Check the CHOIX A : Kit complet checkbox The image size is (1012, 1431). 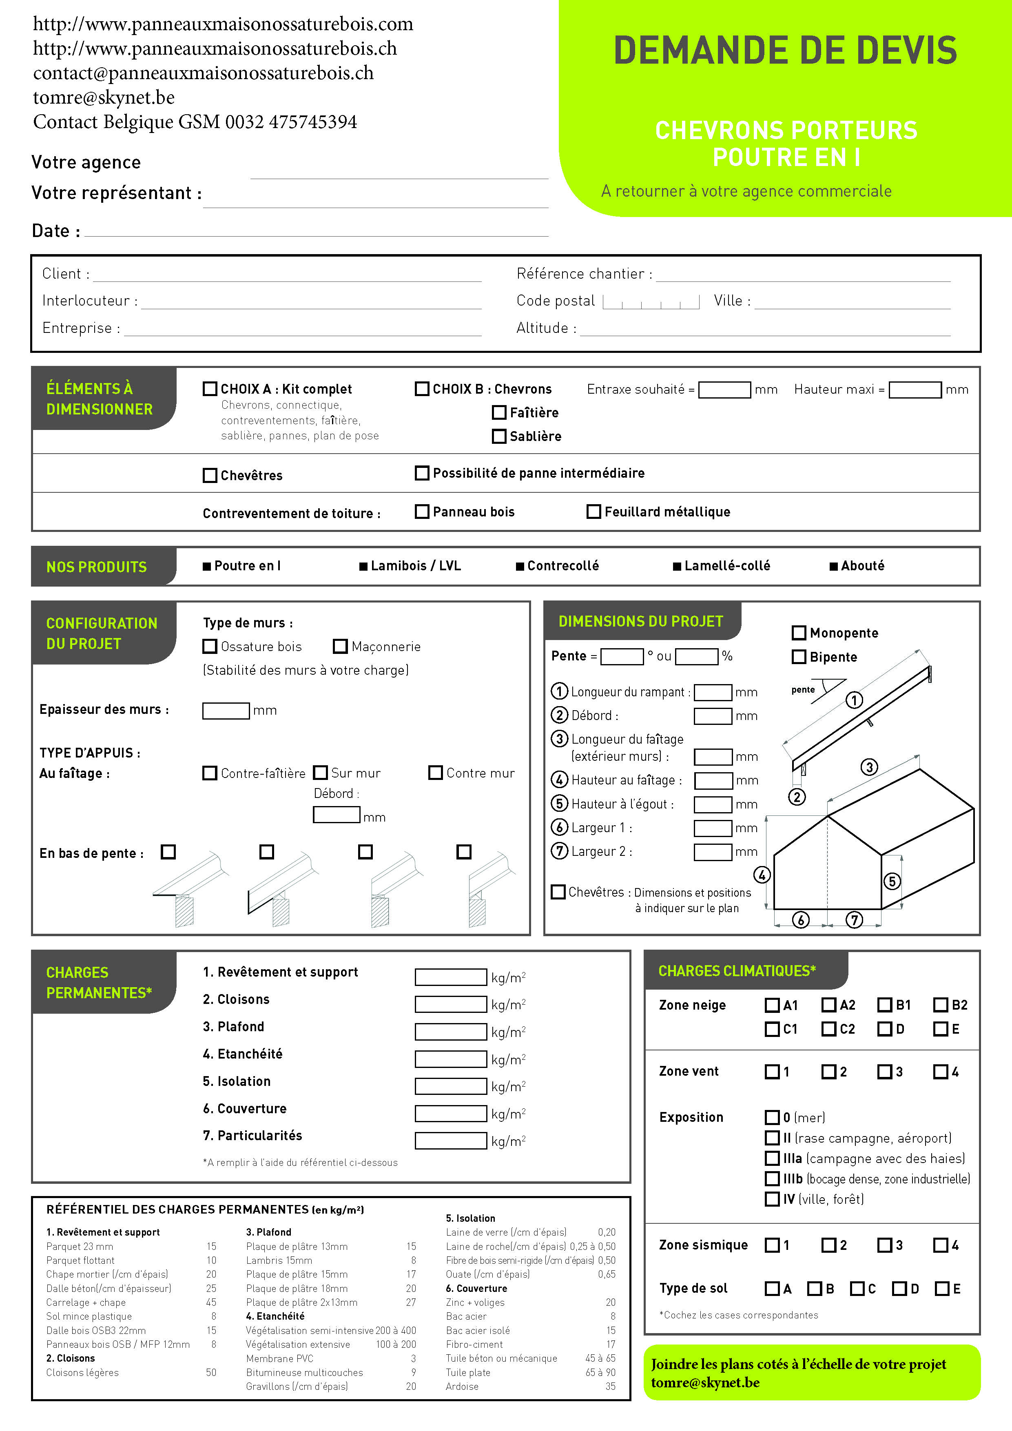[x=210, y=389]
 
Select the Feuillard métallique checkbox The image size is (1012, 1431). [x=594, y=512]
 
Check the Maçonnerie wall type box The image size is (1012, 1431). [x=340, y=646]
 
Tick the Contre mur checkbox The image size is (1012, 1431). [x=436, y=773]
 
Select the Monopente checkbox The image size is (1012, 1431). [x=798, y=633]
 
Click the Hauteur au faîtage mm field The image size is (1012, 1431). [x=713, y=780]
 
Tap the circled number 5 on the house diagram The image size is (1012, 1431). [x=892, y=881]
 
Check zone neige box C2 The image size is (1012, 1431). [x=828, y=1029]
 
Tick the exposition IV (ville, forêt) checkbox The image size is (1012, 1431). [x=772, y=1199]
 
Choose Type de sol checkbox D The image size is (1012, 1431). [x=899, y=1288]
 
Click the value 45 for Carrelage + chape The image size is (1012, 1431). [x=211, y=1303]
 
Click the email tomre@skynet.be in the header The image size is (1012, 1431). [x=104, y=97]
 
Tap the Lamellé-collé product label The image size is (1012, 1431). [x=726, y=566]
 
